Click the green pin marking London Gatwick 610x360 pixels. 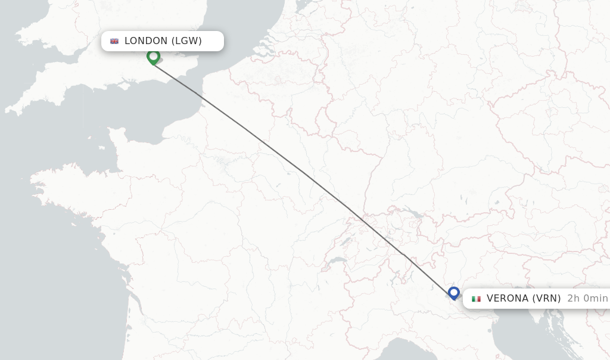153,57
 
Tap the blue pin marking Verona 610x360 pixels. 454,293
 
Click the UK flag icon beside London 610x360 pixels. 114,41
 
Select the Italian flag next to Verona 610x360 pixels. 476,299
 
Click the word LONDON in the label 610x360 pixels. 146,41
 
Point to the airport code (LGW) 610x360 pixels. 186,41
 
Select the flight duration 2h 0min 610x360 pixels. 587,299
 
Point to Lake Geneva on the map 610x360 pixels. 337,261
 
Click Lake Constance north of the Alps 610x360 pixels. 410,213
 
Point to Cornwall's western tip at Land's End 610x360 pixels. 8,110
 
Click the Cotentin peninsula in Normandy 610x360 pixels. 119,143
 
